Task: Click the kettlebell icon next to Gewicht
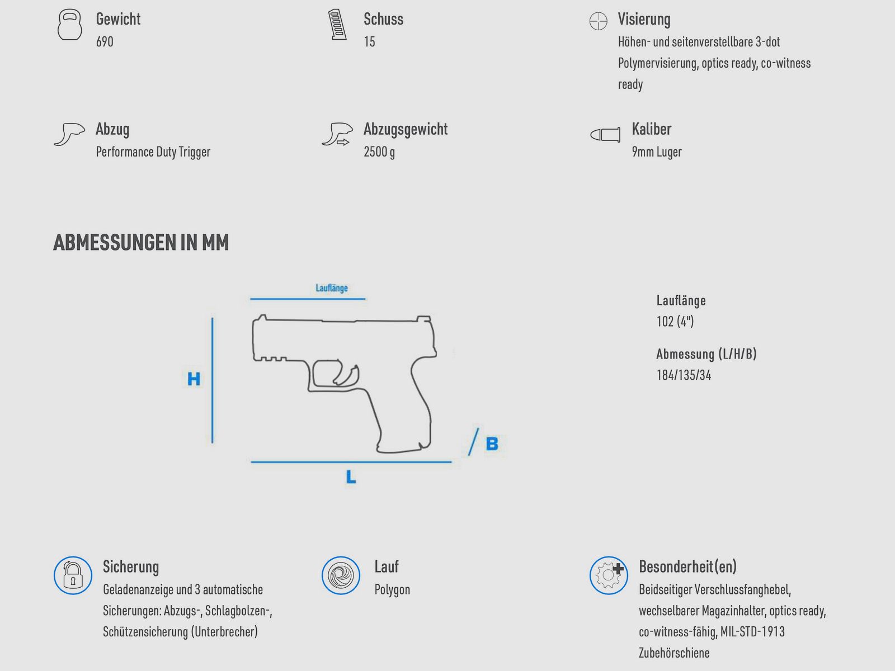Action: click(x=70, y=25)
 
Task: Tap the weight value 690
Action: click(x=105, y=41)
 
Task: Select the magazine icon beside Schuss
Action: click(x=337, y=25)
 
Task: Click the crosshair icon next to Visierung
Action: click(x=598, y=21)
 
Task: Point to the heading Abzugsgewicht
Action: click(x=406, y=129)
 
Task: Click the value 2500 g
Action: click(x=379, y=152)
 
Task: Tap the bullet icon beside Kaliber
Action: click(x=605, y=134)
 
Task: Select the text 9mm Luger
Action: click(x=657, y=152)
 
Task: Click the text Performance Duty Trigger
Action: click(x=153, y=152)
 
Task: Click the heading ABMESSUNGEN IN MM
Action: click(x=141, y=243)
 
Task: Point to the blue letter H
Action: click(x=194, y=379)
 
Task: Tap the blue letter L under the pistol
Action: click(x=351, y=476)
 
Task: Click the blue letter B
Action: click(x=492, y=443)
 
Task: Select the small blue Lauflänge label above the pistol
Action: click(x=332, y=288)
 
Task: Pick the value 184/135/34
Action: click(x=684, y=375)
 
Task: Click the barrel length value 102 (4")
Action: click(x=675, y=322)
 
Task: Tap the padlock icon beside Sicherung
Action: click(x=73, y=575)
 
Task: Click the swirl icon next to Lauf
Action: click(x=341, y=575)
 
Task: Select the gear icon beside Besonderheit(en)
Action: click(x=609, y=575)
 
